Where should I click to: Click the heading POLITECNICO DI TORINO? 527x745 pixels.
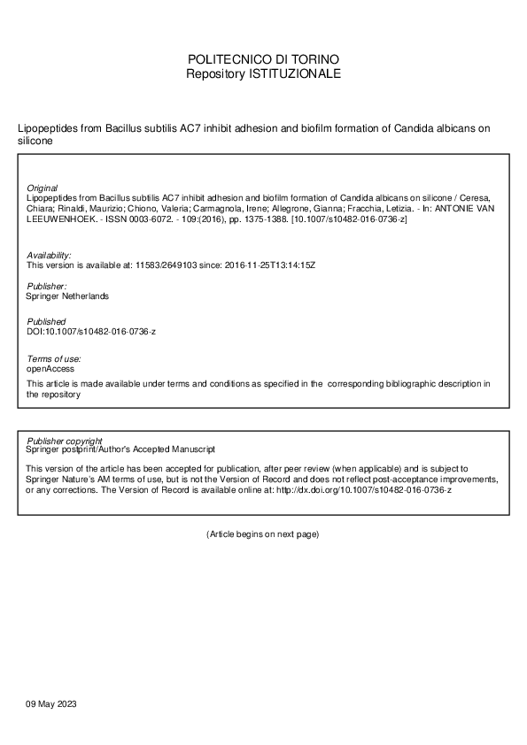(x=263, y=59)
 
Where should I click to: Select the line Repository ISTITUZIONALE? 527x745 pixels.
(x=263, y=73)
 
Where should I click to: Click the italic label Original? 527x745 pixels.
(x=43, y=188)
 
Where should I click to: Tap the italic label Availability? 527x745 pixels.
(x=49, y=255)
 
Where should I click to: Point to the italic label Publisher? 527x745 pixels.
(x=46, y=287)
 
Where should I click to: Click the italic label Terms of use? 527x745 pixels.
(x=54, y=358)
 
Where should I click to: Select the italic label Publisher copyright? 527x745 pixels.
(x=64, y=441)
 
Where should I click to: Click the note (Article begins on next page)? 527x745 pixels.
(x=262, y=534)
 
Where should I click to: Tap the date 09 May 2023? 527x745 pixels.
(x=52, y=703)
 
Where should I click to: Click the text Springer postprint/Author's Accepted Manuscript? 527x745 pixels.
(x=120, y=449)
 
